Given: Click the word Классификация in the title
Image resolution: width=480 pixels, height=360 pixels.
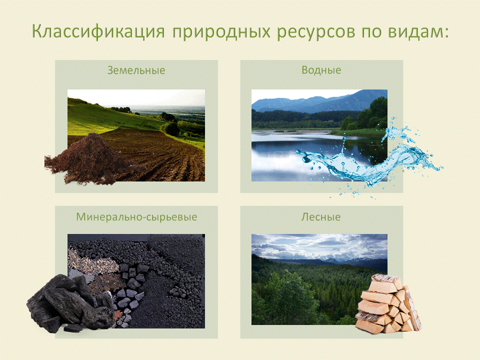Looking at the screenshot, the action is pyautogui.click(x=98, y=31).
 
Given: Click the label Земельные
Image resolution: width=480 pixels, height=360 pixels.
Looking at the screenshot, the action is pyautogui.click(x=136, y=70).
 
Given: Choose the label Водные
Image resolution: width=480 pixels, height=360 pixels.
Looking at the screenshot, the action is pyautogui.click(x=321, y=70).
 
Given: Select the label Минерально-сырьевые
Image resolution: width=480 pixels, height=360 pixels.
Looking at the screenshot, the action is pyautogui.click(x=136, y=217).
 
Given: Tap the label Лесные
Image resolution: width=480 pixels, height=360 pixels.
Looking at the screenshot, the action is pyautogui.click(x=321, y=217).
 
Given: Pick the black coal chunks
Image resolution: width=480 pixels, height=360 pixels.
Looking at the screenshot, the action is pyautogui.click(x=70, y=304).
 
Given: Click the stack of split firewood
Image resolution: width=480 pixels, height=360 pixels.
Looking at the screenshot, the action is pyautogui.click(x=388, y=304).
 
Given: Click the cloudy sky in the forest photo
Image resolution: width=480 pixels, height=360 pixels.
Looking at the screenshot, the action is pyautogui.click(x=319, y=246).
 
